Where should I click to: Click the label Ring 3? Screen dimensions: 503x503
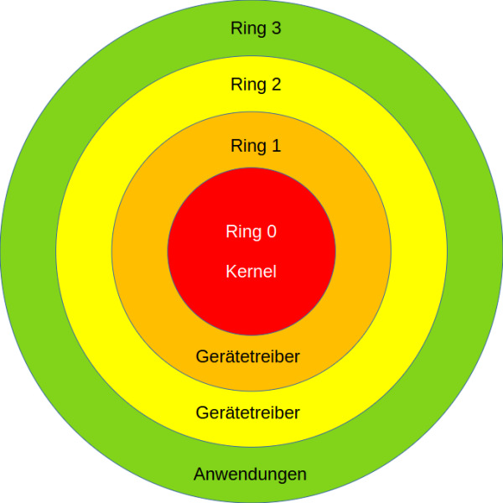coord(256,29)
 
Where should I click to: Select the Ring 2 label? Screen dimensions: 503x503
coord(256,85)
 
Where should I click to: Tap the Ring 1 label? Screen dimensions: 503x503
coord(256,146)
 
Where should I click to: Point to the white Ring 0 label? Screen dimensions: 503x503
coord(251,232)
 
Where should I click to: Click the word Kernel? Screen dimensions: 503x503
coord(251,272)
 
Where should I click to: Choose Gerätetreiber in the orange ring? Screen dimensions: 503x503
coord(248,356)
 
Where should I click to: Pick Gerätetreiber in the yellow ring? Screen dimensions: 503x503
coord(248,412)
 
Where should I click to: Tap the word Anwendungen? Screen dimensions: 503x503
coord(250,474)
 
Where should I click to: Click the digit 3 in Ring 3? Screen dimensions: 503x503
coord(276,29)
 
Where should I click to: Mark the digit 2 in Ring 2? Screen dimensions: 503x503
coord(276,85)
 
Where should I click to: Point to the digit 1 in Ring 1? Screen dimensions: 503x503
coord(276,146)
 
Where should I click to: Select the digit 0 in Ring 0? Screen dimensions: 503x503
coord(271,232)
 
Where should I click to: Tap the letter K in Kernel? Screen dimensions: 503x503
coord(231,272)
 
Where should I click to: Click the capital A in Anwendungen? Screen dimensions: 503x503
coord(200,474)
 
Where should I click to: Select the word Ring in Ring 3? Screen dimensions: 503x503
coord(246,29)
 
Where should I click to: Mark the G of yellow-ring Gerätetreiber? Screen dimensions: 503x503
coord(202,412)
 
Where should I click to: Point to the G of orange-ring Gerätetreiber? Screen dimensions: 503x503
coord(202,356)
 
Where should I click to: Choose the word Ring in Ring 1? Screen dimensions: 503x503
coord(246,147)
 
